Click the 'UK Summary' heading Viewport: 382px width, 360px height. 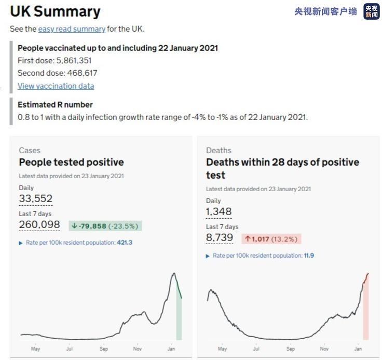(55, 12)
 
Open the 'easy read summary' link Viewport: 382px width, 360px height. (72, 29)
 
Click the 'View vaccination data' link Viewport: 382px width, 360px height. (56, 86)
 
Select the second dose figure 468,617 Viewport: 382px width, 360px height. (82, 73)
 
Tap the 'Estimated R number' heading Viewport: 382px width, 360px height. (55, 104)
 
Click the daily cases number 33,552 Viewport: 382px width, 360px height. (35, 198)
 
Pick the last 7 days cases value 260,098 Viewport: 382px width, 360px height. (39, 224)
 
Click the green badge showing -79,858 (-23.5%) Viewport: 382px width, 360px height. (105, 226)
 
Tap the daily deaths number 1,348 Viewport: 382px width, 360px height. (219, 211)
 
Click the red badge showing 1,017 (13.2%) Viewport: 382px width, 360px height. (271, 239)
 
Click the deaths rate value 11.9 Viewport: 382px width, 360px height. (309, 256)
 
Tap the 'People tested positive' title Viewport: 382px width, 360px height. (71, 162)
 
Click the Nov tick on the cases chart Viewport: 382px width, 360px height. (138, 349)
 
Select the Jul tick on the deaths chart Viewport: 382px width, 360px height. (256, 349)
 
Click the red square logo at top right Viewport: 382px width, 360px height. (371, 11)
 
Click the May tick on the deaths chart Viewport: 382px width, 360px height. (222, 349)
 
